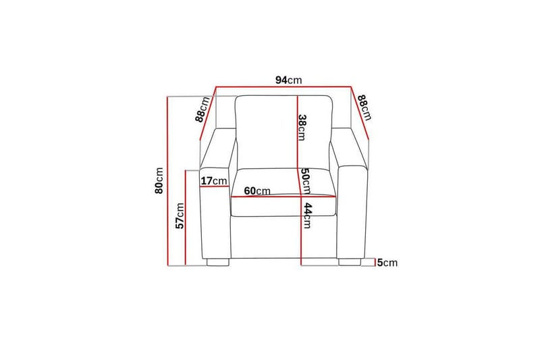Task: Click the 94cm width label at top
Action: click(288, 80)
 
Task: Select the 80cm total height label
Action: click(159, 180)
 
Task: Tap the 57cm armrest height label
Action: click(180, 215)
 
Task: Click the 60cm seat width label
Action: click(257, 190)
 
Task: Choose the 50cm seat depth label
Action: click(306, 180)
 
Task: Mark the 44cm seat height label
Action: click(307, 215)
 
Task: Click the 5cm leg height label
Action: click(387, 263)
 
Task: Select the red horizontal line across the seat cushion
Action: click(283, 197)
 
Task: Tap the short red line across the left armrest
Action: click(215, 189)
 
